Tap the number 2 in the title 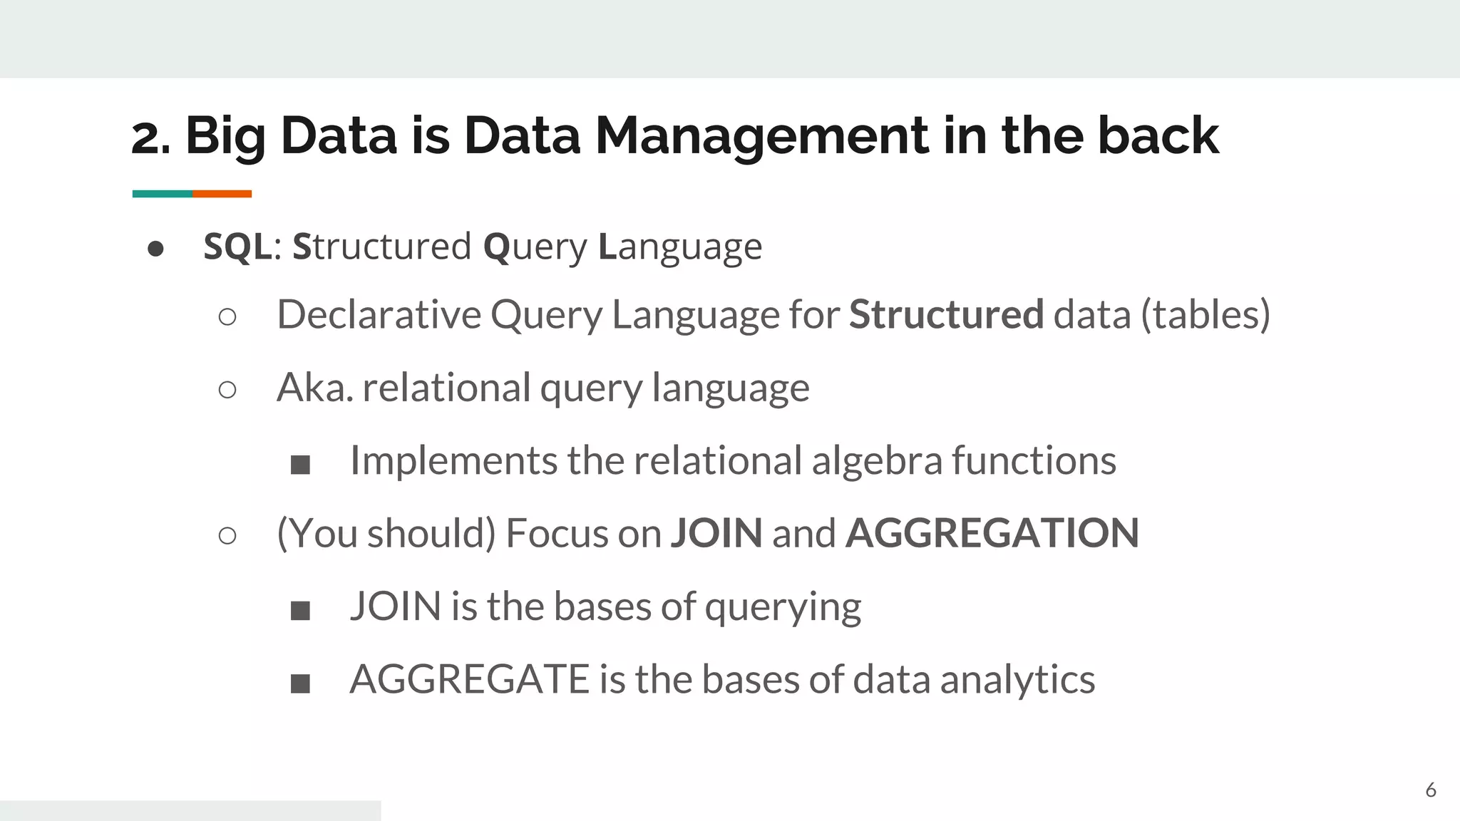[146, 137]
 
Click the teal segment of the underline [162, 194]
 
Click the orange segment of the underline [222, 194]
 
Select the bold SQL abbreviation [237, 247]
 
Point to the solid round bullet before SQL [155, 249]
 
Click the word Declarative [379, 314]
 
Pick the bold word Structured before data [946, 314]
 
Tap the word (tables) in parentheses [1205, 314]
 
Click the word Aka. [314, 388]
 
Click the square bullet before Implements [300, 465]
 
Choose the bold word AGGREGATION [992, 533]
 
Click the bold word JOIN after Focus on [716, 533]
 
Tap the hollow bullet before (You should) [227, 535]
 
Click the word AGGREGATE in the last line [468, 679]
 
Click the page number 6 [1430, 790]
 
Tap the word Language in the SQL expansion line [680, 247]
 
